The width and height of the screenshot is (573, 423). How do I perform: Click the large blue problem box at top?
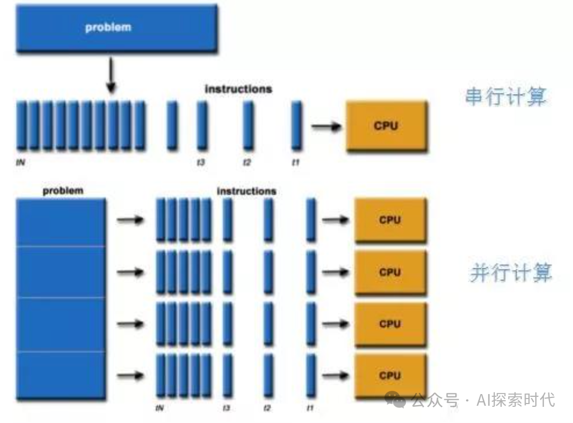coord(116,28)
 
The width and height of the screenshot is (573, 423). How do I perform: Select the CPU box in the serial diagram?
coord(386,126)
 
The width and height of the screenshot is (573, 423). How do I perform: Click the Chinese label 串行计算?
coord(505,97)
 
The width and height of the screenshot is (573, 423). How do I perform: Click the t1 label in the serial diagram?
coord(296,163)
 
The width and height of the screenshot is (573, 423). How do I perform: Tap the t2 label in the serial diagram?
coord(247,163)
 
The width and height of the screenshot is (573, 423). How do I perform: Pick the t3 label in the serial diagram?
coord(201,163)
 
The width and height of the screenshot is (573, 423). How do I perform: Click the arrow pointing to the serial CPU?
coord(326,127)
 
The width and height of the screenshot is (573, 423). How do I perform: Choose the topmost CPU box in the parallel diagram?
coord(390,220)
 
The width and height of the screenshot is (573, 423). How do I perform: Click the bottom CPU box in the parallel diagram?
coord(390,376)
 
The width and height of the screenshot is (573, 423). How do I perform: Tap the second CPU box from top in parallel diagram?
coord(390,272)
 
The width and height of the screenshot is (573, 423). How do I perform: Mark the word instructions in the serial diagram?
coord(238,89)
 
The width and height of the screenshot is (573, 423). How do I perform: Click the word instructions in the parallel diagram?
coord(246,191)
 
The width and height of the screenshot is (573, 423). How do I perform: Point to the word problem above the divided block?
coord(63,191)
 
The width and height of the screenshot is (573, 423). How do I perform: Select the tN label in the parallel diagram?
coord(160,409)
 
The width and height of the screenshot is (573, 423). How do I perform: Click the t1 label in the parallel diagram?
coord(310,409)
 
